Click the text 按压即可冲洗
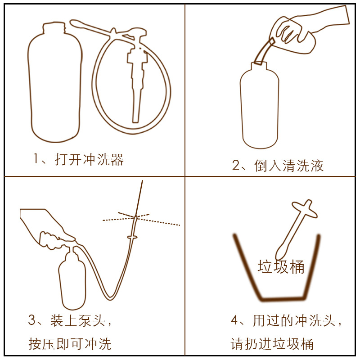[x=70, y=344]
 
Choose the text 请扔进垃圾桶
[x=272, y=344]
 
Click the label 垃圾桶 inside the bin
[x=281, y=267]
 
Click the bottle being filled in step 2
[x=259, y=108]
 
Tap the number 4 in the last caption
[x=235, y=320]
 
